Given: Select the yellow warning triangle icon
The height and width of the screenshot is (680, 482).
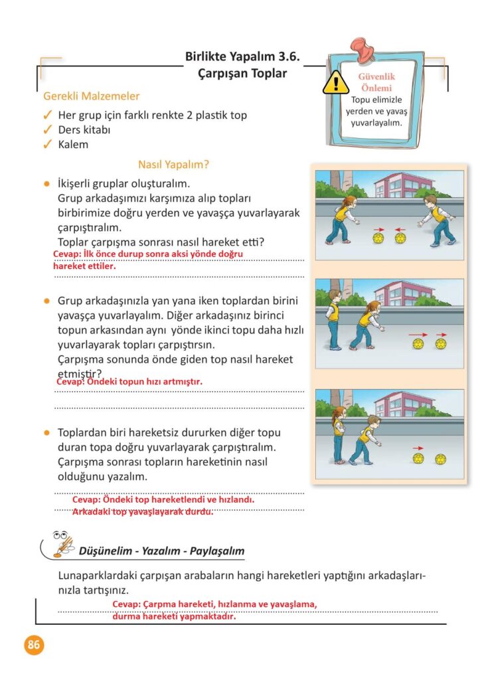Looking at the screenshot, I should pos(336,83).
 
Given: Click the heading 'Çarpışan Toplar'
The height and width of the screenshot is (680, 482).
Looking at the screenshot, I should pos(243,74).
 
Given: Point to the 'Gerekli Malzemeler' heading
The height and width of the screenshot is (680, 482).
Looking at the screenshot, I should pos(92,96).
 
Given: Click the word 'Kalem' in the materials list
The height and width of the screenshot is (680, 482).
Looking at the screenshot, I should pos(73,144).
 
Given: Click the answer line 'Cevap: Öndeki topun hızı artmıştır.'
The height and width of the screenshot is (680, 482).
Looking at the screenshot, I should pos(129,382).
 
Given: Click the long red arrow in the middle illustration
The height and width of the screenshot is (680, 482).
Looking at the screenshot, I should pos(418,334).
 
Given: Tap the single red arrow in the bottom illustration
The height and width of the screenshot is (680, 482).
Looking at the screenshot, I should pos(418,448).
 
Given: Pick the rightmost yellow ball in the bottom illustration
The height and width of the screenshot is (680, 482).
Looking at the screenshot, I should pos(440,459).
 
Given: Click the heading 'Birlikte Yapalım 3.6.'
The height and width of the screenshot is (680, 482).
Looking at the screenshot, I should pos(243,57).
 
